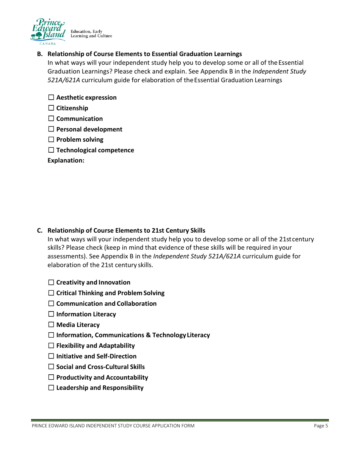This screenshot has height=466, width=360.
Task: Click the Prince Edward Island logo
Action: [x=48, y=30]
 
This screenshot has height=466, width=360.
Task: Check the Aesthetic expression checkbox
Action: [x=51, y=98]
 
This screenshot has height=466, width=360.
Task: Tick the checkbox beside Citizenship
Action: [x=51, y=108]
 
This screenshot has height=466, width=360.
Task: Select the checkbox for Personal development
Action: [x=51, y=130]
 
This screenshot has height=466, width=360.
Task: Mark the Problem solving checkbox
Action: [x=51, y=140]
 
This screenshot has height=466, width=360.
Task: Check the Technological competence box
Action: [x=51, y=150]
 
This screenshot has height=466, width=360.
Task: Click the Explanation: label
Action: [x=66, y=161]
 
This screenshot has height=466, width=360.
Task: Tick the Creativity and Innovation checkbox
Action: [x=51, y=283]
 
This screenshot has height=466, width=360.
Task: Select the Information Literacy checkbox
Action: [x=51, y=314]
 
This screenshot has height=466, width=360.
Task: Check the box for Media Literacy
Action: [x=51, y=325]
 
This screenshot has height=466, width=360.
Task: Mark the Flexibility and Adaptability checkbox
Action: [x=51, y=346]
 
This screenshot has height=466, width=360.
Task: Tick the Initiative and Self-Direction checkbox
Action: [x=51, y=357]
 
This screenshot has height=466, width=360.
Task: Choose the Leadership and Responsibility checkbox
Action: [x=51, y=388]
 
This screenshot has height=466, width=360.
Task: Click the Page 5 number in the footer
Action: [x=321, y=426]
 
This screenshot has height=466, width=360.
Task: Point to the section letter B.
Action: [x=39, y=54]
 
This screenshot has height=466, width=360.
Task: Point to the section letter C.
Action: [x=39, y=230]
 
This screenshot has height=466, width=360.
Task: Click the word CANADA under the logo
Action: [x=47, y=44]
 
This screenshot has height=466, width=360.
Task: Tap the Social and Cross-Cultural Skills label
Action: [x=100, y=367]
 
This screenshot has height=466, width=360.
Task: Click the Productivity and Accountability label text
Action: [x=102, y=377]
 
